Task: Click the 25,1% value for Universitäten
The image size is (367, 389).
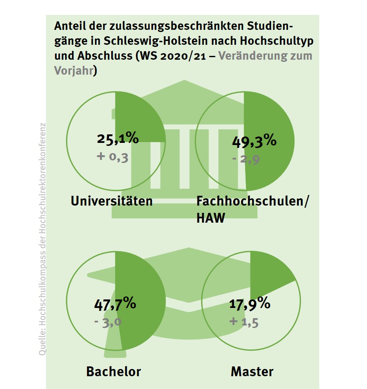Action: (118, 139)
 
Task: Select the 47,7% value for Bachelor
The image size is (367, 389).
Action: (114, 305)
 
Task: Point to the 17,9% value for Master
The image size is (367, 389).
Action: (250, 304)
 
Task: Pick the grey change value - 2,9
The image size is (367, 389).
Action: (246, 160)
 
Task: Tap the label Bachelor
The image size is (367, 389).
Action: (113, 371)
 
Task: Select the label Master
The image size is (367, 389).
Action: (252, 371)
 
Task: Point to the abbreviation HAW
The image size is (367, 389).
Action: (211, 218)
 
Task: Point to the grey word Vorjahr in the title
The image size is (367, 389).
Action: (73, 70)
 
